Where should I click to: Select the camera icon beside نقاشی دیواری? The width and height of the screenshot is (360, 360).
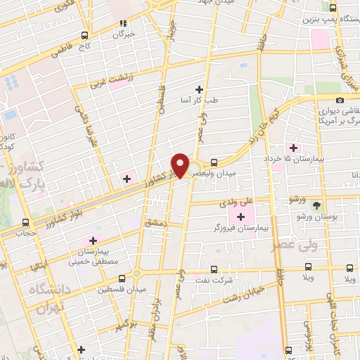pyautogui.click(x=340, y=101)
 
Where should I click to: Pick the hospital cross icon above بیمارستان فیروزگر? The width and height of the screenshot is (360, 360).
pyautogui.click(x=243, y=216)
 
